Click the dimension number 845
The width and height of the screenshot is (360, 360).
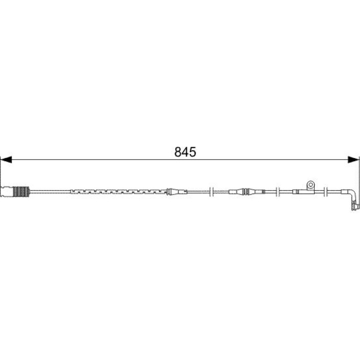(185, 152)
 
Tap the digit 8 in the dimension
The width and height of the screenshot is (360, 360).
(178, 152)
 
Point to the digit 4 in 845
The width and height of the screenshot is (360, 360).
(185, 152)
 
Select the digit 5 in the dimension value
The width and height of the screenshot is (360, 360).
(193, 152)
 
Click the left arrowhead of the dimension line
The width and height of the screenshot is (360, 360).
(6, 159)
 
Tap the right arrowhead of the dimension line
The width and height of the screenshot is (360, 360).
(353, 159)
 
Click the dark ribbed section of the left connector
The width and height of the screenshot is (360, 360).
(21, 192)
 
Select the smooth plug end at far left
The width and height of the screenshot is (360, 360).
(7, 192)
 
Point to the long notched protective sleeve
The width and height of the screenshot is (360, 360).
(119, 192)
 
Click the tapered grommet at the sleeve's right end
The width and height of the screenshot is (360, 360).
(177, 192)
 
